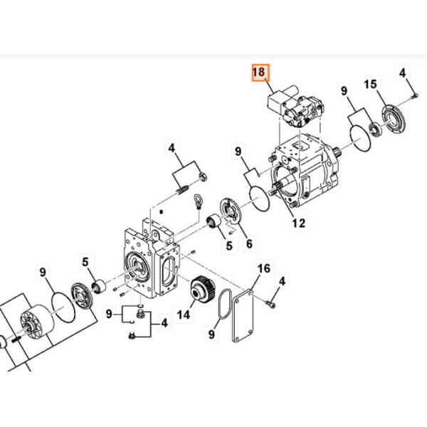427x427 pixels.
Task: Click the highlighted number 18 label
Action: click(258, 73)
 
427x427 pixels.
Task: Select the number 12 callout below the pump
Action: click(297, 223)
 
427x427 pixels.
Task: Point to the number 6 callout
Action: click(248, 243)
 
